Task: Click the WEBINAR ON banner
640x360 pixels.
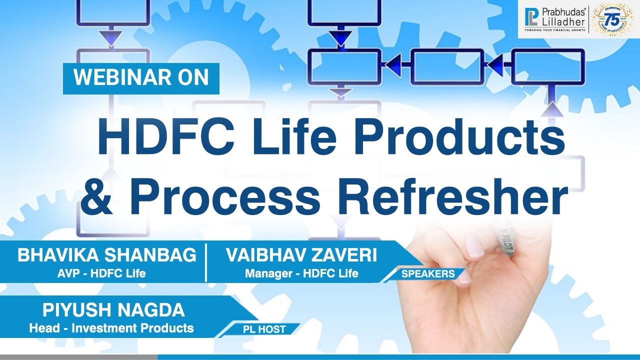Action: tap(141, 78)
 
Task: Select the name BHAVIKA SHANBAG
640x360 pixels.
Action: tap(106, 255)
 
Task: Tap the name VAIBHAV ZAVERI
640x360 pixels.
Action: tap(301, 255)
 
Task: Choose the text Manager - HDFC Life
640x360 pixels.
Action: tap(301, 273)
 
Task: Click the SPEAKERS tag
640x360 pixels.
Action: tap(428, 274)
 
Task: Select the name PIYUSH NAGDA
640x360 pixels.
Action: tap(113, 310)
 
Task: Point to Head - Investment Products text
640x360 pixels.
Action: tap(111, 328)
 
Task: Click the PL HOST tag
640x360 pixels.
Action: tap(265, 329)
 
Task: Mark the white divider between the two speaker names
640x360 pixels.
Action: tap(206, 263)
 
